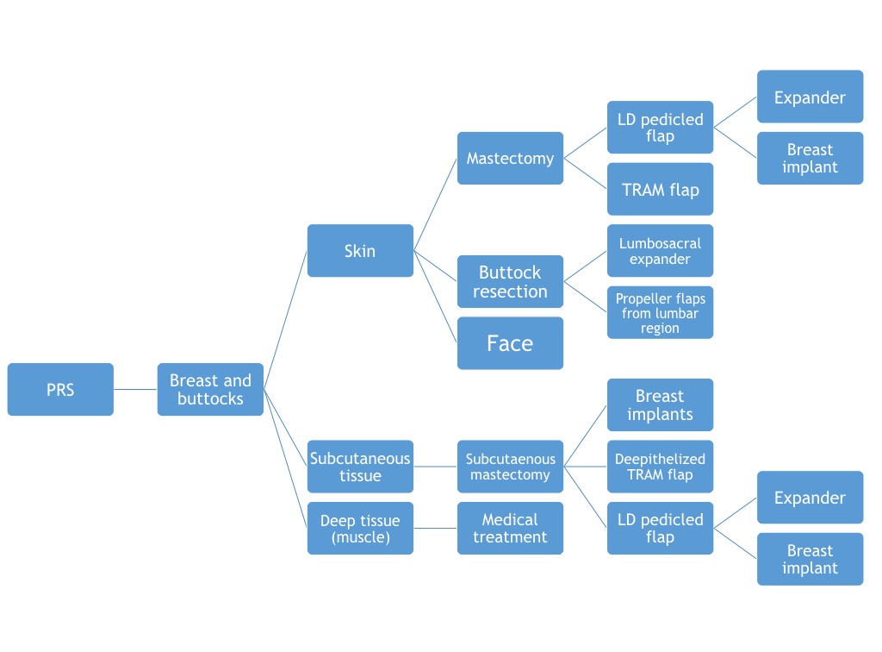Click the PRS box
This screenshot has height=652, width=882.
[60, 390]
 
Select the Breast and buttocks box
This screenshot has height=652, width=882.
[210, 390]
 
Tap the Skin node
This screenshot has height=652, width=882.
[360, 251]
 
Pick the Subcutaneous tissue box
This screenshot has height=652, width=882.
[360, 467]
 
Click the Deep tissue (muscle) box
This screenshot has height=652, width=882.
[360, 528]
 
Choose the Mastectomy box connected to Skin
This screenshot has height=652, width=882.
[510, 159]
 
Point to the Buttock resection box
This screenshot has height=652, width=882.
[510, 282]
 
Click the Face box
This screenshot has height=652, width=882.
[510, 343]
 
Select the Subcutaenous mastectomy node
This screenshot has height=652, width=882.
[510, 467]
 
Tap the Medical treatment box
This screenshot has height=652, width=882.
[510, 528]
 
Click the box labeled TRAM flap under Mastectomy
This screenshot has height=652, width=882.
[660, 189]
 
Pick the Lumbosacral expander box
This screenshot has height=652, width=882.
[660, 251]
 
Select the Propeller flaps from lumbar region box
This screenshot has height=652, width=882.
[660, 312]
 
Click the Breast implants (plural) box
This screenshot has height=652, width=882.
[660, 405]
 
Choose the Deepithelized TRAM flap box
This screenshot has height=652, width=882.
[660, 467]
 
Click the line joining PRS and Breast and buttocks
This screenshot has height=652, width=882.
[135, 390]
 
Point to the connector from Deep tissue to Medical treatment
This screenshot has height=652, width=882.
[435, 528]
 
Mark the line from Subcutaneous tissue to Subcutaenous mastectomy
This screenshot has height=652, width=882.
[435, 467]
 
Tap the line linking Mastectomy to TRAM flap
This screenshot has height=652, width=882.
[586, 173]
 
